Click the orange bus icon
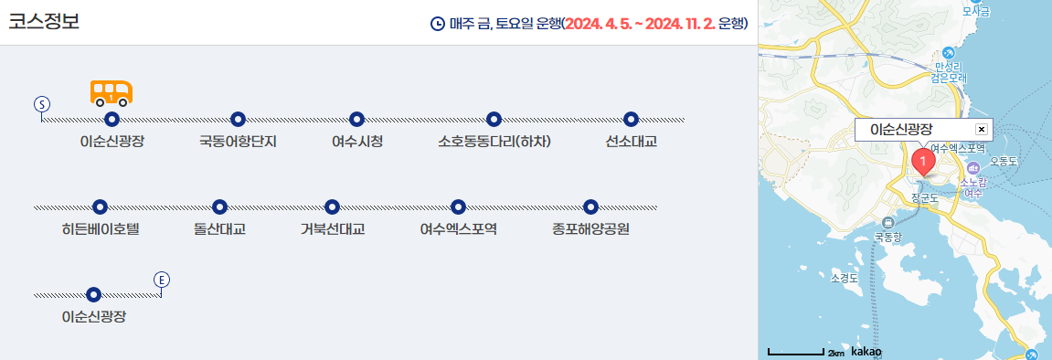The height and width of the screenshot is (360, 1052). point(112,92)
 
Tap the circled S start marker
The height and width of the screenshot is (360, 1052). point(41,102)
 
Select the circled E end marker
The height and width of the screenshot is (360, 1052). point(162,280)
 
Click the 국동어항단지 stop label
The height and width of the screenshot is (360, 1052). point(238,142)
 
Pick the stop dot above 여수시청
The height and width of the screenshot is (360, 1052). point(357,119)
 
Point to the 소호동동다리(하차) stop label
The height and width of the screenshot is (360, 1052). point(494,142)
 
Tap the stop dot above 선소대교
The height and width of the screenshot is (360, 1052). point(630,119)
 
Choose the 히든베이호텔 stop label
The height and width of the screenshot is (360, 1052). point(100,228)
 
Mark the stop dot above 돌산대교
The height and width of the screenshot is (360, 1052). point(218,206)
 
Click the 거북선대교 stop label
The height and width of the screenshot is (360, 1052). point(333,228)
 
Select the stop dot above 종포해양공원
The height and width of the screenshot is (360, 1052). point(590,206)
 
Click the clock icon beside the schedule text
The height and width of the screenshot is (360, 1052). point(438,24)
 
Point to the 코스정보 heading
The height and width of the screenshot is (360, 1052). point(44,23)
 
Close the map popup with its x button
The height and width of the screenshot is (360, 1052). point(982,130)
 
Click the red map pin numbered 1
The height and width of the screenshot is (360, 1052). point(924,164)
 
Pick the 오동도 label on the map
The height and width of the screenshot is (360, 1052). point(1004,161)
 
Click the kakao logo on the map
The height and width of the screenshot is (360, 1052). point(866,351)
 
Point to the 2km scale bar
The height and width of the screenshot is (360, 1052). point(796,352)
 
